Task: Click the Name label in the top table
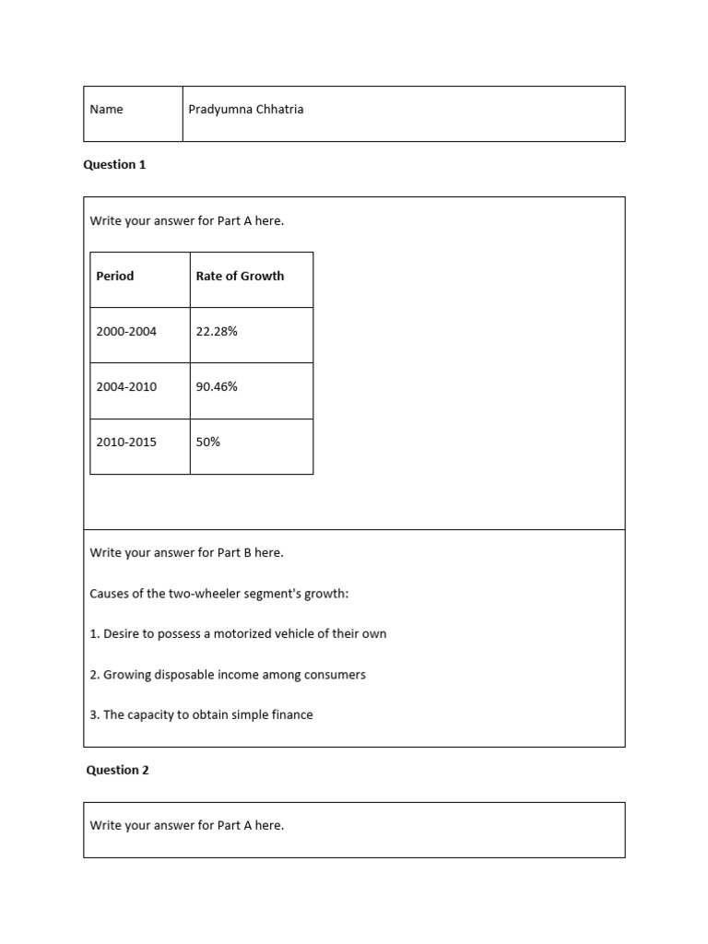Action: (106, 110)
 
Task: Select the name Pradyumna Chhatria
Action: (245, 110)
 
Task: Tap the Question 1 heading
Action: (114, 165)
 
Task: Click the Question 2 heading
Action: (117, 770)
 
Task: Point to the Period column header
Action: (115, 276)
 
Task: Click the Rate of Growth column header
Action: (240, 276)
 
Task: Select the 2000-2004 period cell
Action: (126, 331)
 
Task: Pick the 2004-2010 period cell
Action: (126, 386)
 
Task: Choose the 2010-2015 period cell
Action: (126, 442)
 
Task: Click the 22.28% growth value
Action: (217, 331)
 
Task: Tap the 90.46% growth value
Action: (217, 386)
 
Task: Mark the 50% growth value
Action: (208, 442)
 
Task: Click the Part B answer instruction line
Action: (186, 552)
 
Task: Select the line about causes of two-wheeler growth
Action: (218, 594)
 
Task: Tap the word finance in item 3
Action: (291, 714)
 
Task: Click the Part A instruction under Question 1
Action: (186, 220)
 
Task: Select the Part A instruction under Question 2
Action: (186, 825)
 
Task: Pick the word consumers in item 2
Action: (335, 675)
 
